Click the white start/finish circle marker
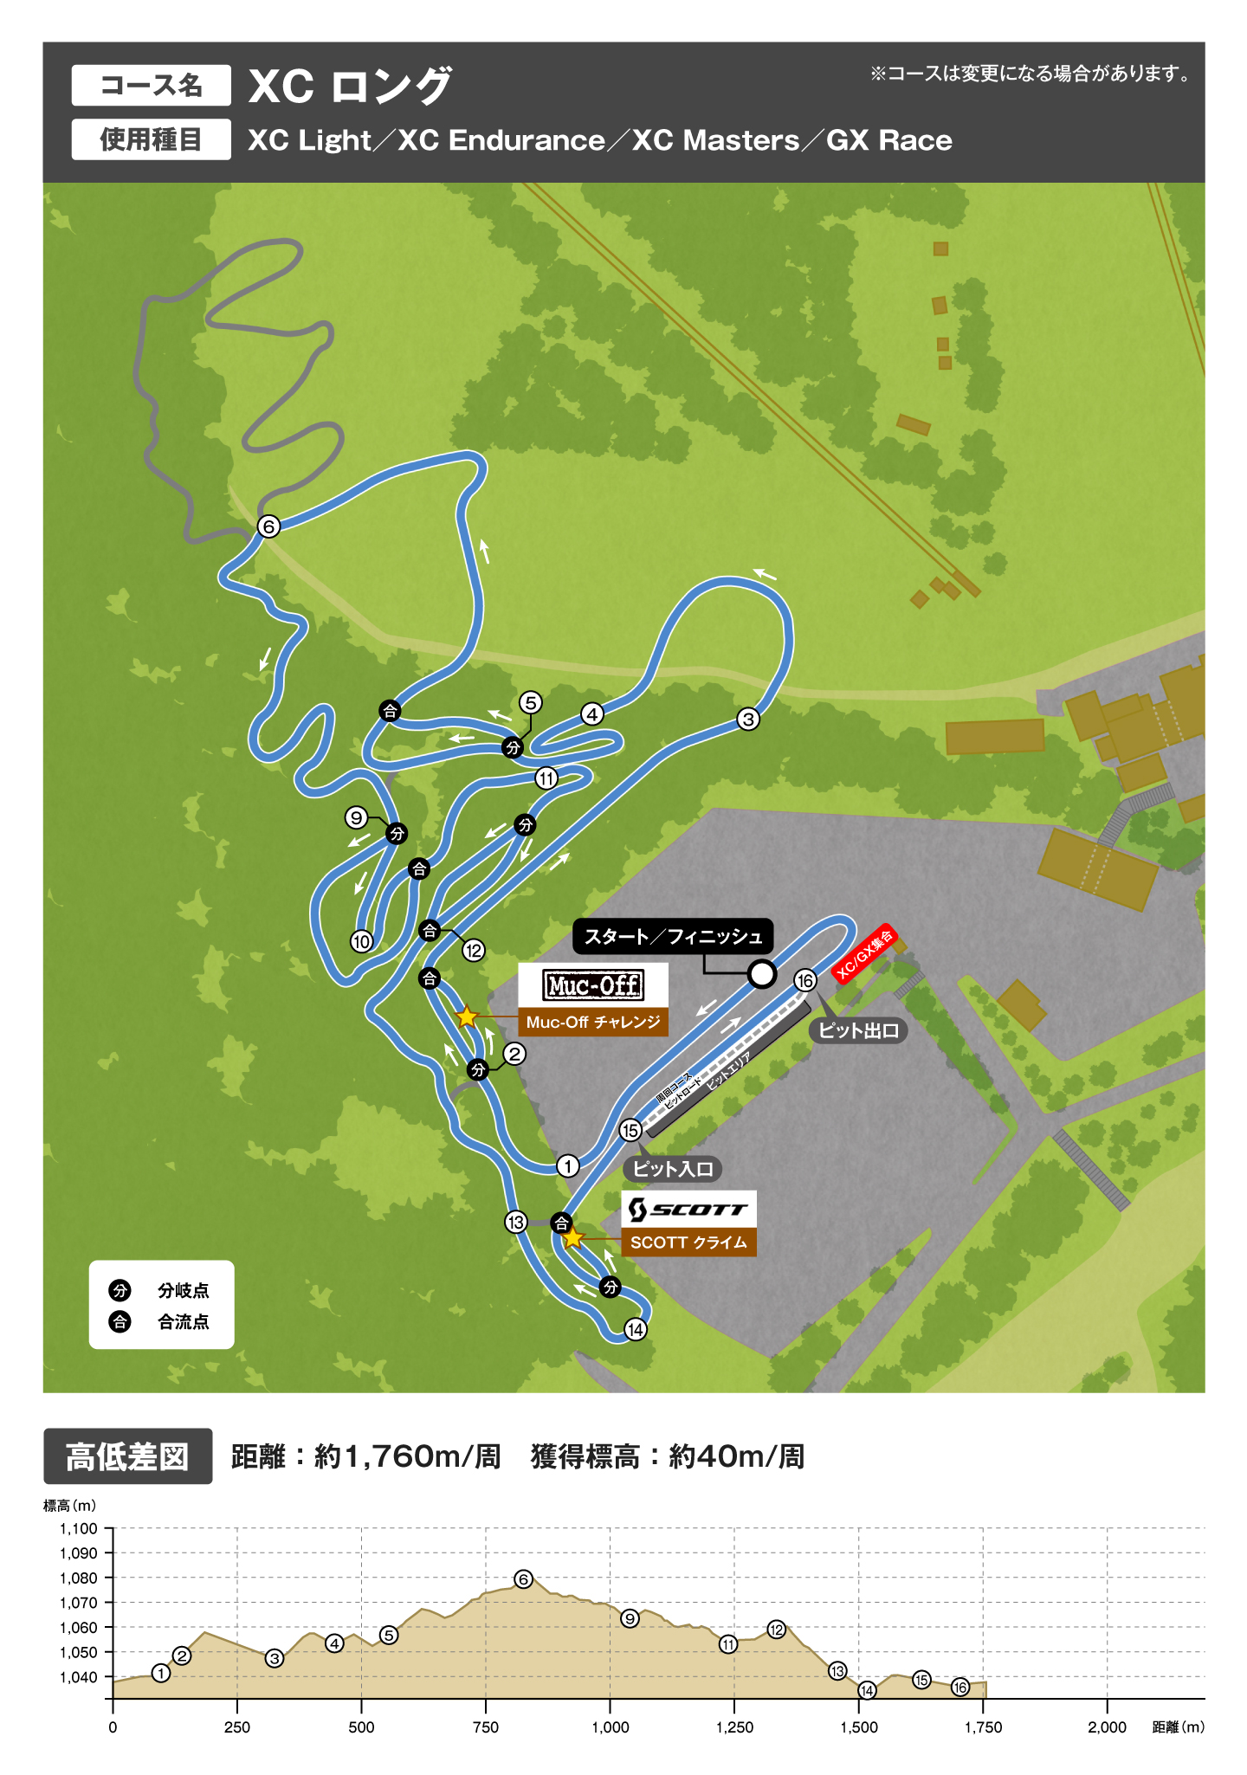(x=761, y=974)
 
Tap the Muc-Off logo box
(x=593, y=985)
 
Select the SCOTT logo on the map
(x=688, y=1209)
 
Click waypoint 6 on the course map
(x=268, y=526)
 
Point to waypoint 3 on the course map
(x=748, y=719)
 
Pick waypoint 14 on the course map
(x=636, y=1329)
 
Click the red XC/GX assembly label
(x=863, y=953)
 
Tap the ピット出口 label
(x=858, y=1030)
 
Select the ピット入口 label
(x=672, y=1169)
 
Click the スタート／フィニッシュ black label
(x=673, y=937)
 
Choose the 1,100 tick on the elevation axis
(x=79, y=1528)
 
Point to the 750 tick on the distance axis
(x=486, y=1727)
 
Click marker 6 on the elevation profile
(x=523, y=1579)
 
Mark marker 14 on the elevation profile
(x=867, y=1690)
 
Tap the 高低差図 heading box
(x=127, y=1456)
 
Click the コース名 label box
(x=151, y=86)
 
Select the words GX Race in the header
(x=889, y=140)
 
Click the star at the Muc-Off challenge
(x=467, y=1017)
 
